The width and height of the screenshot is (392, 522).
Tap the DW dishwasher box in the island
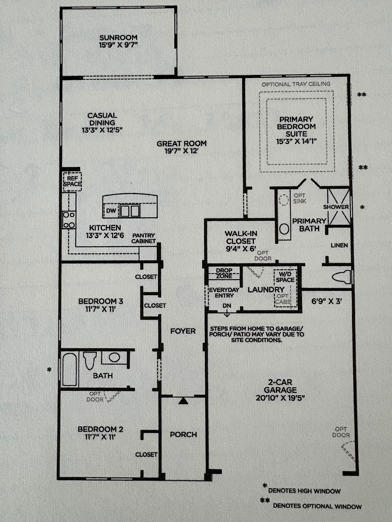point(111,211)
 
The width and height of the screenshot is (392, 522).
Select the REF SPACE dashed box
point(72,181)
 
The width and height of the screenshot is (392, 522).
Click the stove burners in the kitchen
point(69,220)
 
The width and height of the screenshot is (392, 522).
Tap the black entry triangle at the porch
point(183,401)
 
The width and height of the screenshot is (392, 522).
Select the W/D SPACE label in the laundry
point(285,277)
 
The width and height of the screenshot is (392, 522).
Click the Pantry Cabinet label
point(144,238)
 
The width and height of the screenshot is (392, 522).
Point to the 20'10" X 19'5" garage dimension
point(280,398)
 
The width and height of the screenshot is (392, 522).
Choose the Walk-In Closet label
point(241,237)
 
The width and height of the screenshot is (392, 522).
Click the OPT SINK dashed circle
point(284,200)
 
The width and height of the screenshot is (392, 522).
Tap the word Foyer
point(183,331)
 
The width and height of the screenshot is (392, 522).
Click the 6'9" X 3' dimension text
point(327,301)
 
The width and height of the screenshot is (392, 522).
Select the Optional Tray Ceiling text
point(296,84)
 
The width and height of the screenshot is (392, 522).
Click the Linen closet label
point(339,245)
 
